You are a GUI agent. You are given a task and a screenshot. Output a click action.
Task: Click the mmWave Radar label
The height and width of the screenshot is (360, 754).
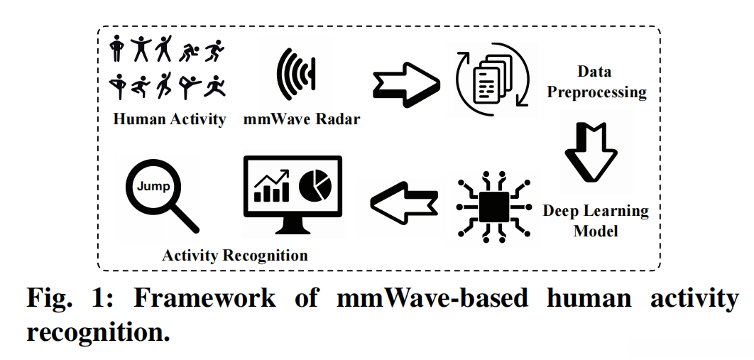[x=302, y=119]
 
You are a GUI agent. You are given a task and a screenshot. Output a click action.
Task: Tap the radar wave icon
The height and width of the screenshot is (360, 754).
[x=296, y=74]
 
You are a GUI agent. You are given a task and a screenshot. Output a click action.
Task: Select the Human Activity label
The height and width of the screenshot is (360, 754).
[x=169, y=119]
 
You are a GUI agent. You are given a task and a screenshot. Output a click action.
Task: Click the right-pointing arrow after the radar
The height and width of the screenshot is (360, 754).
[x=406, y=84]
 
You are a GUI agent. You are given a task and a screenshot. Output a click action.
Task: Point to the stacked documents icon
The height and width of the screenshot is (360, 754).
[x=493, y=78]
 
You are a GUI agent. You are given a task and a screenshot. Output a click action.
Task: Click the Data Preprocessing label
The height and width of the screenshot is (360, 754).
[x=596, y=82]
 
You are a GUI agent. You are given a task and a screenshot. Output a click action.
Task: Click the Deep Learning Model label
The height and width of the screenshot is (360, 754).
[x=595, y=221]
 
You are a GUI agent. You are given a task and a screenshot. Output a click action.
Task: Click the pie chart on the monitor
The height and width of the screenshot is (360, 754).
[x=315, y=187]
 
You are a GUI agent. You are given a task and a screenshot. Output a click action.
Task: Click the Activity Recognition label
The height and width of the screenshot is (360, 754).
[x=235, y=255]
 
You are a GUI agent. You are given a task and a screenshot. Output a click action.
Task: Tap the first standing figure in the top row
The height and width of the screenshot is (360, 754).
[x=116, y=48]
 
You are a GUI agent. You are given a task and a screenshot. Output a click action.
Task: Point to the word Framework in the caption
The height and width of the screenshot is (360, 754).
[x=204, y=298]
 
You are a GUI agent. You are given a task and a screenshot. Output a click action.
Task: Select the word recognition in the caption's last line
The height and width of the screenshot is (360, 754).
[x=98, y=332]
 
